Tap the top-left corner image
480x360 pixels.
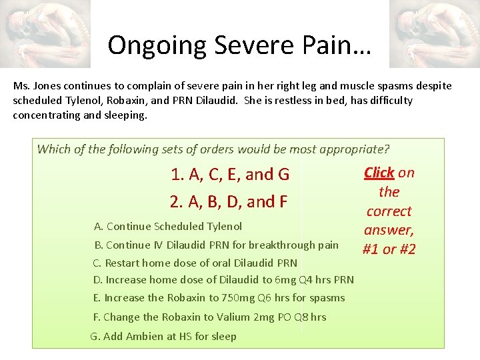(45, 33)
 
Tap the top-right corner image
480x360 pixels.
(434, 33)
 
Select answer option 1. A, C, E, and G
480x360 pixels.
(229, 175)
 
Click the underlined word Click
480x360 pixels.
(379, 173)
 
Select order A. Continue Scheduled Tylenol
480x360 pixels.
(168, 227)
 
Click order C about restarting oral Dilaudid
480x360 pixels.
(195, 263)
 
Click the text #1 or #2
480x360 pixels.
(389, 249)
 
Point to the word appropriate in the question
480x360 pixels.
(352, 149)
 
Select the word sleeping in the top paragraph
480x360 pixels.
(126, 115)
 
